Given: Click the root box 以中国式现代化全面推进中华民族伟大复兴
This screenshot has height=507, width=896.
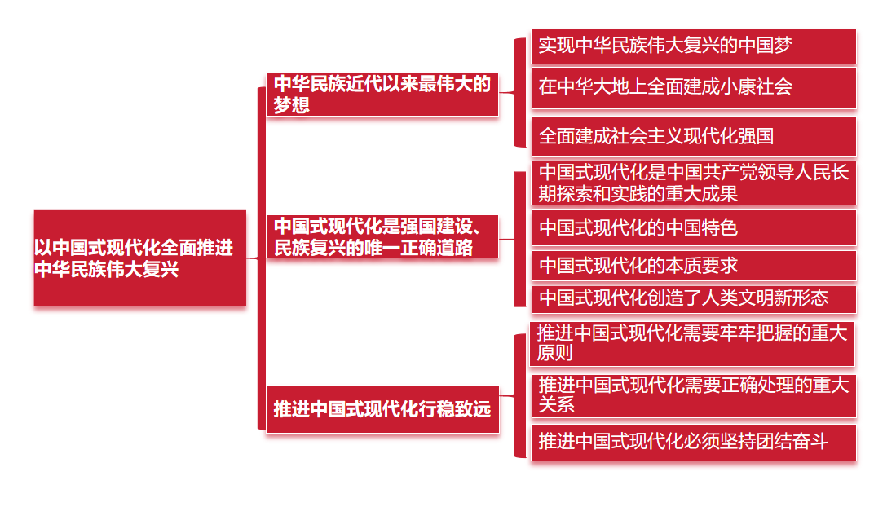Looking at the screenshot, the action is pyautogui.click(x=139, y=258).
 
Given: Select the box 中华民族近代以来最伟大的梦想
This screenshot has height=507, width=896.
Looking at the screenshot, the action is pyautogui.click(x=382, y=94).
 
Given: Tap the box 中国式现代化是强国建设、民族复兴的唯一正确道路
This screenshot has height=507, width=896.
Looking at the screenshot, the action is pyautogui.click(x=382, y=236).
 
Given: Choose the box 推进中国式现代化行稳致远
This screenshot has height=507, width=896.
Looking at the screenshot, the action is pyautogui.click(x=382, y=409).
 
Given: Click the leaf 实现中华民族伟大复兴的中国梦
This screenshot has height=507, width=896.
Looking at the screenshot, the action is pyautogui.click(x=693, y=46).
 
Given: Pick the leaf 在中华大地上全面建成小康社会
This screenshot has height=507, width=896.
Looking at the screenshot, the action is pyautogui.click(x=693, y=87).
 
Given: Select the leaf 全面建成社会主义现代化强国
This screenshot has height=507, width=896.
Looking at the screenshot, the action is pyautogui.click(x=693, y=135).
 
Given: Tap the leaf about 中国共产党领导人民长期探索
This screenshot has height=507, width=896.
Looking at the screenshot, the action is pyautogui.click(x=693, y=183).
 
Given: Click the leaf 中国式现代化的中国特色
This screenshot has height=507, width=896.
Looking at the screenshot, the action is pyautogui.click(x=693, y=228).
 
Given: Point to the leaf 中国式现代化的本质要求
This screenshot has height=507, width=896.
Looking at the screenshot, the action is pyautogui.click(x=693, y=266).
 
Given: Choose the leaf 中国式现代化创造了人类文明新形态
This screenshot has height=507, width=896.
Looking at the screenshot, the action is pyautogui.click(x=693, y=298).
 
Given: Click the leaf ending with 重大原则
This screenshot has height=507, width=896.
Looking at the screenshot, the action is pyautogui.click(x=693, y=343).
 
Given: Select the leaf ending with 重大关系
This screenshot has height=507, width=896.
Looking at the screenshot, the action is pyautogui.click(x=693, y=395).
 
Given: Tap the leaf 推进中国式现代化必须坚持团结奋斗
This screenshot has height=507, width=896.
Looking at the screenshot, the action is pyautogui.click(x=693, y=443).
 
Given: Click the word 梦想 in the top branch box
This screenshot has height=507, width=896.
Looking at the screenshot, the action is pyautogui.click(x=291, y=105).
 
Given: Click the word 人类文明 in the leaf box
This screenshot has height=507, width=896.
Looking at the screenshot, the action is pyautogui.click(x=739, y=298).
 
